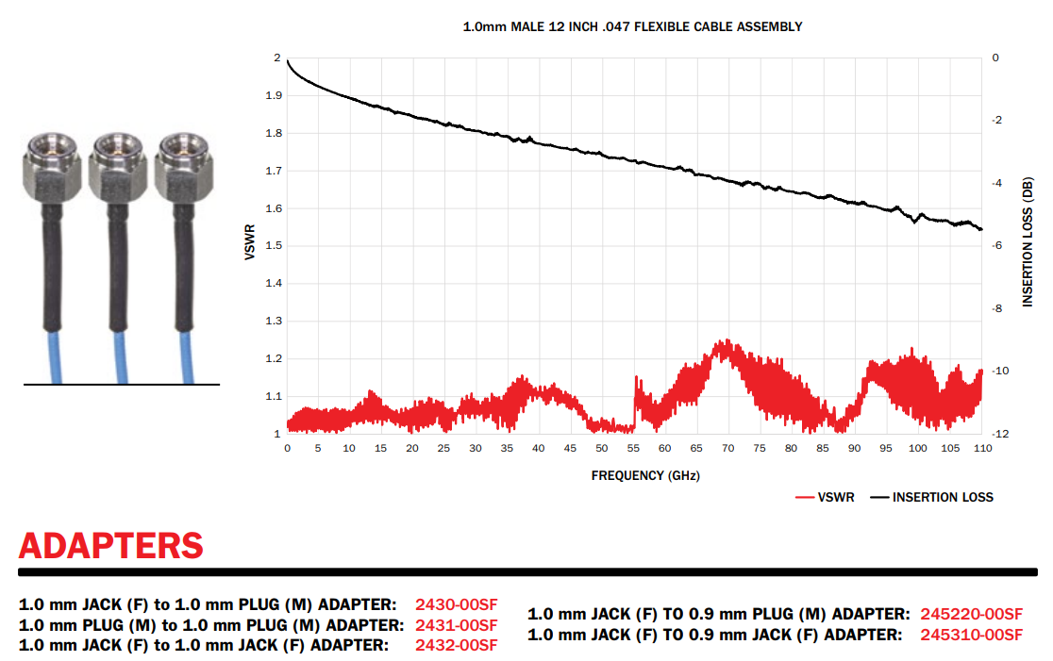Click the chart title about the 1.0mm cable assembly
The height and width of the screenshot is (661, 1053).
pos(632,27)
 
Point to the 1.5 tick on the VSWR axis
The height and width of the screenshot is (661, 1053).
pos(272,246)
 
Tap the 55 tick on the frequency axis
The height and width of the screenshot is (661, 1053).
pos(633,449)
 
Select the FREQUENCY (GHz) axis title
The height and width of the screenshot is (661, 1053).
pos(645,475)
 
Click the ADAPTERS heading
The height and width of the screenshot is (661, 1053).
pos(110,545)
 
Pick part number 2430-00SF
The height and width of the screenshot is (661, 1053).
pos(456,604)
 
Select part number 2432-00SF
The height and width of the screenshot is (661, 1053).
pos(456,645)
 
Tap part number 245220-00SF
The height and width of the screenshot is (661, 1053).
pos(971,614)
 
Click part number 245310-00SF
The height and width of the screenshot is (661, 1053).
pos(971,635)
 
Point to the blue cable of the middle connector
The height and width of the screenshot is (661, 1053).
pos(121,358)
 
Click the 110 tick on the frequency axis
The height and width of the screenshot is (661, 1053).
pos(981,449)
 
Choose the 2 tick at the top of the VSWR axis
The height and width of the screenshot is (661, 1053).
pos(276,58)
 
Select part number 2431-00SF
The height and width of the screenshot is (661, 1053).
pos(456,625)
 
